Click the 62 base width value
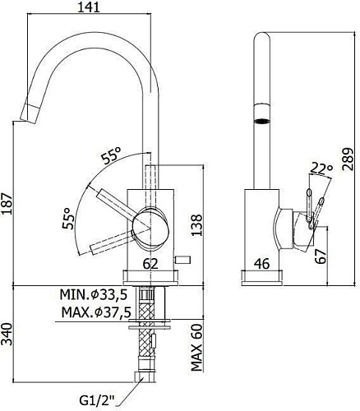click(x=150, y=265)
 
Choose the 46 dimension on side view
click(x=261, y=265)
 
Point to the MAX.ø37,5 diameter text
click(x=93, y=312)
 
